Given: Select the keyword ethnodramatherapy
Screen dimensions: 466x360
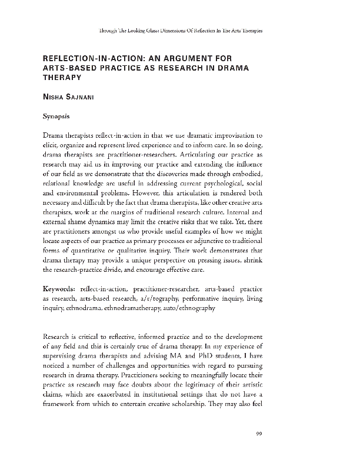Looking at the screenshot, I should pyautogui.click(x=126, y=307).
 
